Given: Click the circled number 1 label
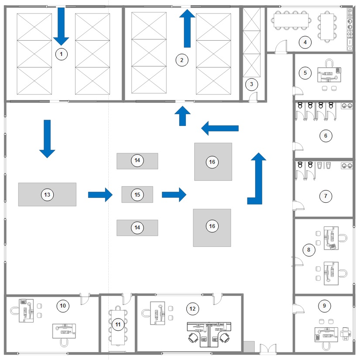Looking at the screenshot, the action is click(x=61, y=54).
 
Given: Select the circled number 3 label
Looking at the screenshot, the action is click(x=251, y=84).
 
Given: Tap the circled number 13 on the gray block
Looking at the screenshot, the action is click(x=47, y=195).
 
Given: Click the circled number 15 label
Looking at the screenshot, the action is click(x=137, y=195).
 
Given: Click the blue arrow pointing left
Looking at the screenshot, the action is click(x=220, y=128).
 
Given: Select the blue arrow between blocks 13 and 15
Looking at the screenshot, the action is click(x=100, y=195).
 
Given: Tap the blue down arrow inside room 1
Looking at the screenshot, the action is click(x=61, y=27).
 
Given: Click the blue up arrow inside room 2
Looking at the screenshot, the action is click(x=187, y=28).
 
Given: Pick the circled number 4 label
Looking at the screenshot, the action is click(x=305, y=42).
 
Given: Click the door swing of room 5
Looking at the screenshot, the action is click(x=298, y=91).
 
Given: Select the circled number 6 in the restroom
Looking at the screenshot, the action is click(x=326, y=136).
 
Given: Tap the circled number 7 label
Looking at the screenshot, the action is click(x=326, y=196).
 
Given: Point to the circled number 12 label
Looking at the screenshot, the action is click(x=192, y=309).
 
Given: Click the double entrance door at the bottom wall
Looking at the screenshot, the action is click(x=268, y=349).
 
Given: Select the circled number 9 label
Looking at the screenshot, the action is click(x=324, y=306).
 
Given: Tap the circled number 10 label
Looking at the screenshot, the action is click(x=63, y=306).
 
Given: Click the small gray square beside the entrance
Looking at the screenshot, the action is click(x=249, y=346).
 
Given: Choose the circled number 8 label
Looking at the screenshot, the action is click(x=309, y=250).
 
